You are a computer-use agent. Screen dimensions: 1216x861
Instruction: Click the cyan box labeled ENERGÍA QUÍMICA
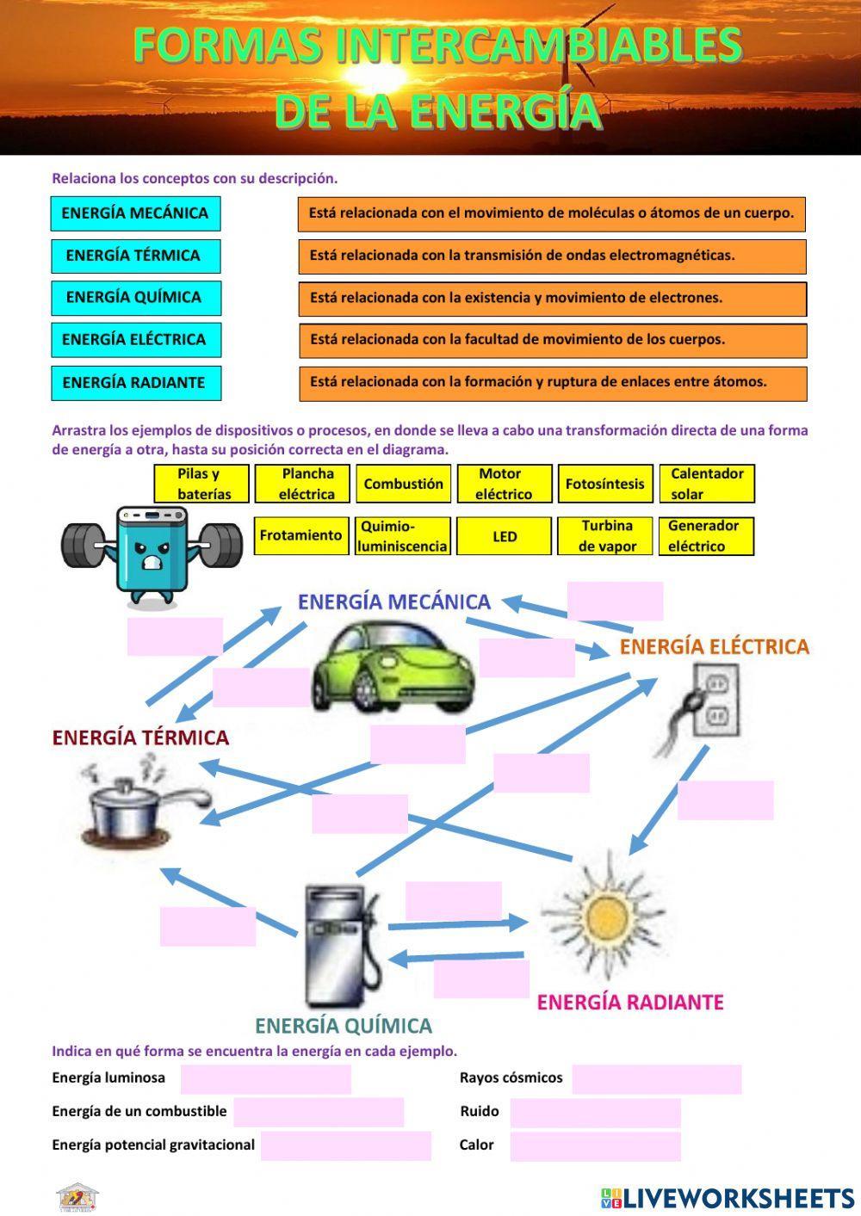tap(135, 298)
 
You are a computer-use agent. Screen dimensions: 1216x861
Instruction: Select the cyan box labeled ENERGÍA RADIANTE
tap(135, 383)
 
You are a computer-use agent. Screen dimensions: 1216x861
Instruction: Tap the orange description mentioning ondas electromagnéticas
tap(551, 256)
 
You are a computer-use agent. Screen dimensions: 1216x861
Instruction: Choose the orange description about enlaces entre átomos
tap(551, 382)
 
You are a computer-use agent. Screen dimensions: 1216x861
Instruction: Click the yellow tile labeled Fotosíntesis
tap(604, 484)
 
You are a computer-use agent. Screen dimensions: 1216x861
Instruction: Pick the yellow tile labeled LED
tap(504, 536)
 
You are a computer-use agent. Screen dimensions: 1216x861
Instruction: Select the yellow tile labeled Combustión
tap(403, 484)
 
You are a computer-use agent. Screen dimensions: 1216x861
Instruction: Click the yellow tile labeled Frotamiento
tap(301, 535)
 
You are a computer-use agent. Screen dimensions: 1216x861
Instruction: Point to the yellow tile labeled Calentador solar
tap(706, 484)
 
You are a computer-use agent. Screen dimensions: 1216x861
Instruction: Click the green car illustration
tap(392, 667)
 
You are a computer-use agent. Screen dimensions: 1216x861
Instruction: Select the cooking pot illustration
tap(142, 805)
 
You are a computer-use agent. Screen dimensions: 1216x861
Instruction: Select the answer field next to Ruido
tap(595, 1113)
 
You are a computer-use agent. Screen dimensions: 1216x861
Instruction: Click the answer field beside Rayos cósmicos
tap(656, 1079)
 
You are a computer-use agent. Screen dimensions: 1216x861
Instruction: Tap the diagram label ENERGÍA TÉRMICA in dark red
tap(140, 738)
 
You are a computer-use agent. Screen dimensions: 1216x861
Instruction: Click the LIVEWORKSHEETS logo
tap(728, 1197)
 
